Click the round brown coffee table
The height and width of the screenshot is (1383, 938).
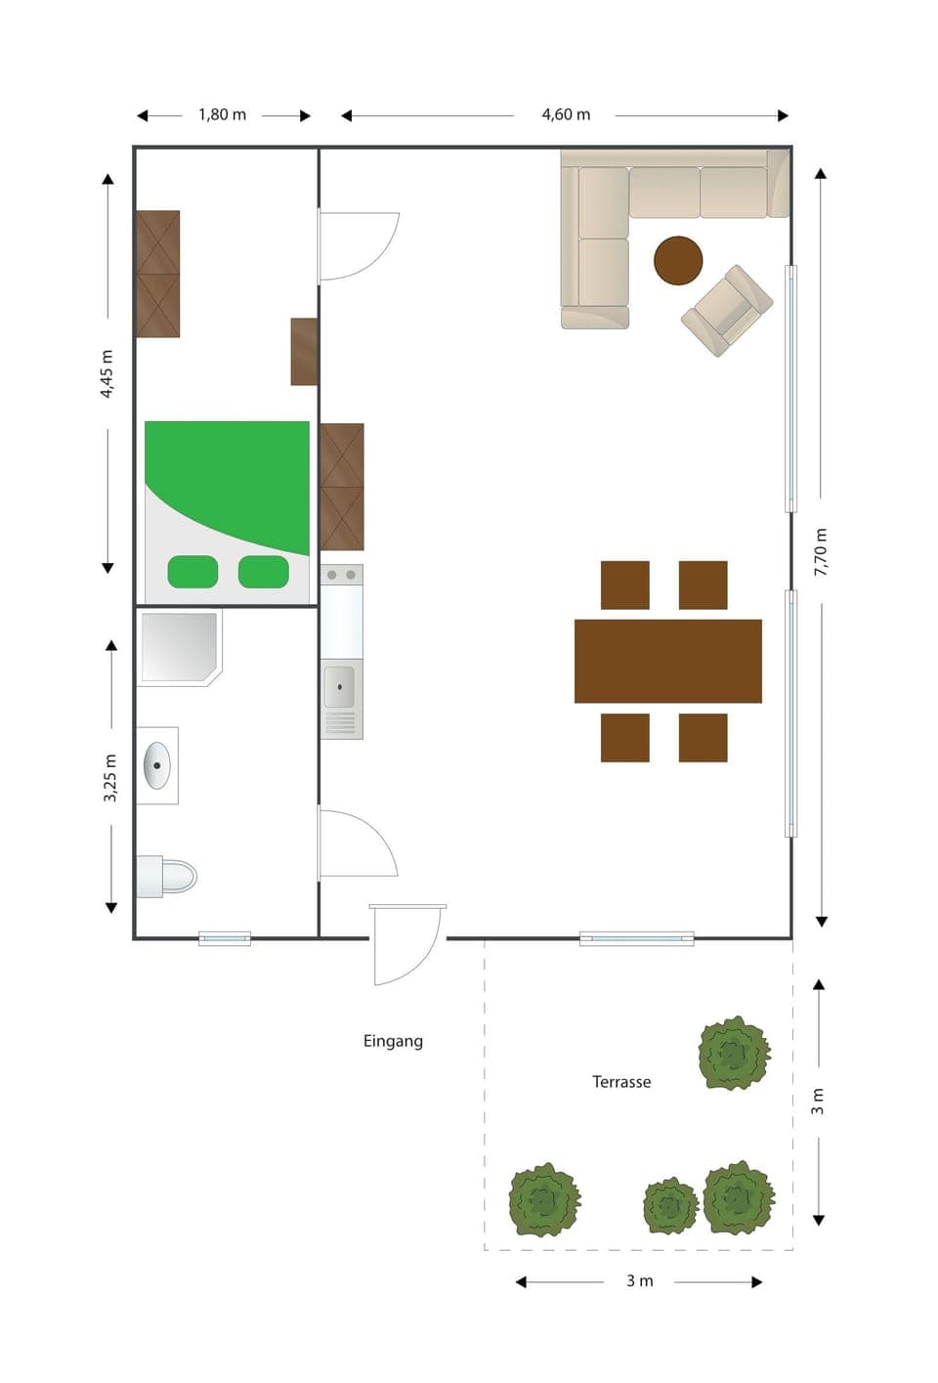pyautogui.click(x=678, y=260)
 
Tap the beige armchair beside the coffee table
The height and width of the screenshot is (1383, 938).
pyautogui.click(x=727, y=310)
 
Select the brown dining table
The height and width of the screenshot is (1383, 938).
pyautogui.click(x=667, y=661)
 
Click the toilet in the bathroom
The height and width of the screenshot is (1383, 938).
pyautogui.click(x=168, y=876)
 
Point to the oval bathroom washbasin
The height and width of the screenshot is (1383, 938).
pyautogui.click(x=156, y=765)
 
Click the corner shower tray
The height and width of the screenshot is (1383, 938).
pyautogui.click(x=177, y=646)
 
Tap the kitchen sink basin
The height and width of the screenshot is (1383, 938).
pyautogui.click(x=339, y=687)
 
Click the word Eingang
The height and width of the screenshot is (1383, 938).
pyautogui.click(x=393, y=1041)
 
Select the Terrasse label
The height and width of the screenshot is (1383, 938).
pyautogui.click(x=621, y=1082)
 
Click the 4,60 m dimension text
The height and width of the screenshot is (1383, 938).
pyautogui.click(x=566, y=114)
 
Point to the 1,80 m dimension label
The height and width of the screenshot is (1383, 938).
pyautogui.click(x=222, y=114)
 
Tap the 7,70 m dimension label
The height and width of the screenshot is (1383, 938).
pyautogui.click(x=821, y=551)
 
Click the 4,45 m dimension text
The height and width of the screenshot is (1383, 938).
pyautogui.click(x=107, y=373)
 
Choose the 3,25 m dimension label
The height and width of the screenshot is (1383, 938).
pyautogui.click(x=110, y=778)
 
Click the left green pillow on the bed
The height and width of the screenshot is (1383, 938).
pyautogui.click(x=192, y=572)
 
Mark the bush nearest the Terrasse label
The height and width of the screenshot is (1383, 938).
pyautogui.click(x=733, y=1053)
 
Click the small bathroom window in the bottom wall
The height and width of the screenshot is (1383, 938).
pyautogui.click(x=225, y=938)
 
